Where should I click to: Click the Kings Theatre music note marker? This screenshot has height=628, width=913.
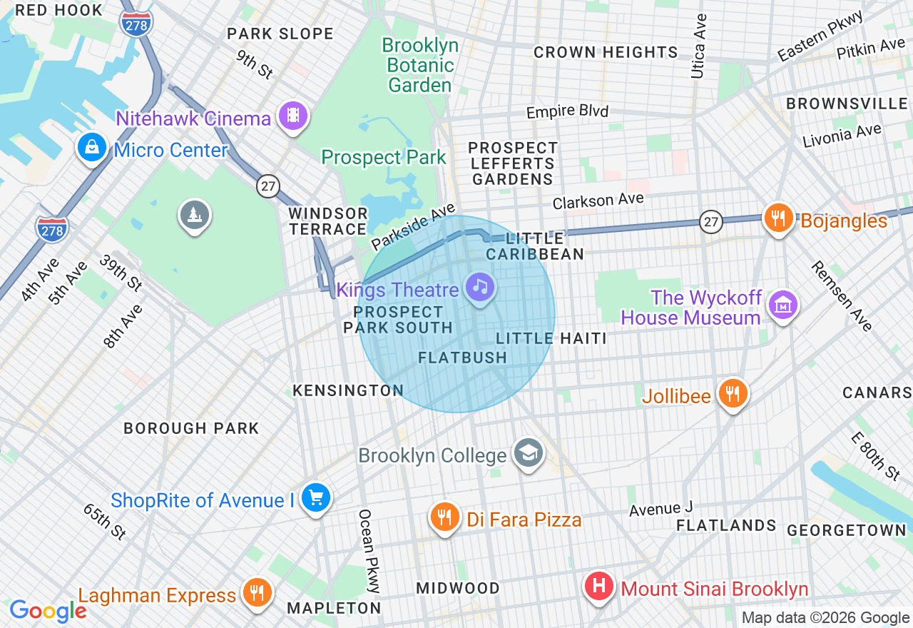pos(481,287)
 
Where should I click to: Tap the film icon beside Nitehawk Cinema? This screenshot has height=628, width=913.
pos(293,115)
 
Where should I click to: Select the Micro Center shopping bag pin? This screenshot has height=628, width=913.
pos(91,148)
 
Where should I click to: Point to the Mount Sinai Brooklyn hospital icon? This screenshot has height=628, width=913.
pos(599,587)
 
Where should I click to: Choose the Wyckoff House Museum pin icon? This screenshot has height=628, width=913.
pos(783,305)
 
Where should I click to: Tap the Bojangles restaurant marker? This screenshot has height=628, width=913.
pos(779,217)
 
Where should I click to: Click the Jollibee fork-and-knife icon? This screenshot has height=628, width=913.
pos(732,393)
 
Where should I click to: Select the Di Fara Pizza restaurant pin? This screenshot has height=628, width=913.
pos(445,517)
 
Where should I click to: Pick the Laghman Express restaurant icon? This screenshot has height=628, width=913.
pos(255,592)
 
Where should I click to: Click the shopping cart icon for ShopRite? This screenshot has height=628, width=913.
pos(315,497)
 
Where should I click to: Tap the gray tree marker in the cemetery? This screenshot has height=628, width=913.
pos(194,214)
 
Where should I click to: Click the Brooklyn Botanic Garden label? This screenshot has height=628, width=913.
pos(420,65)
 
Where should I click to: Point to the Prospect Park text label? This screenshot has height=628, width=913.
pos(384,157)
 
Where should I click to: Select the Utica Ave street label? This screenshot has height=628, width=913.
pos(698,46)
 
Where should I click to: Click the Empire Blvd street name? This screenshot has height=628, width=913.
pos(567,112)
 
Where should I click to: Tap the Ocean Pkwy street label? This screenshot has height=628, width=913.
pos(369,551)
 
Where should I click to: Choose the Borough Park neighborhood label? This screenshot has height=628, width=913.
pos(191,428)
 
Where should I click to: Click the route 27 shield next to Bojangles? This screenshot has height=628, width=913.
pos(711,221)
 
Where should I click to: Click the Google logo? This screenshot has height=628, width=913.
pos(48,611)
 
